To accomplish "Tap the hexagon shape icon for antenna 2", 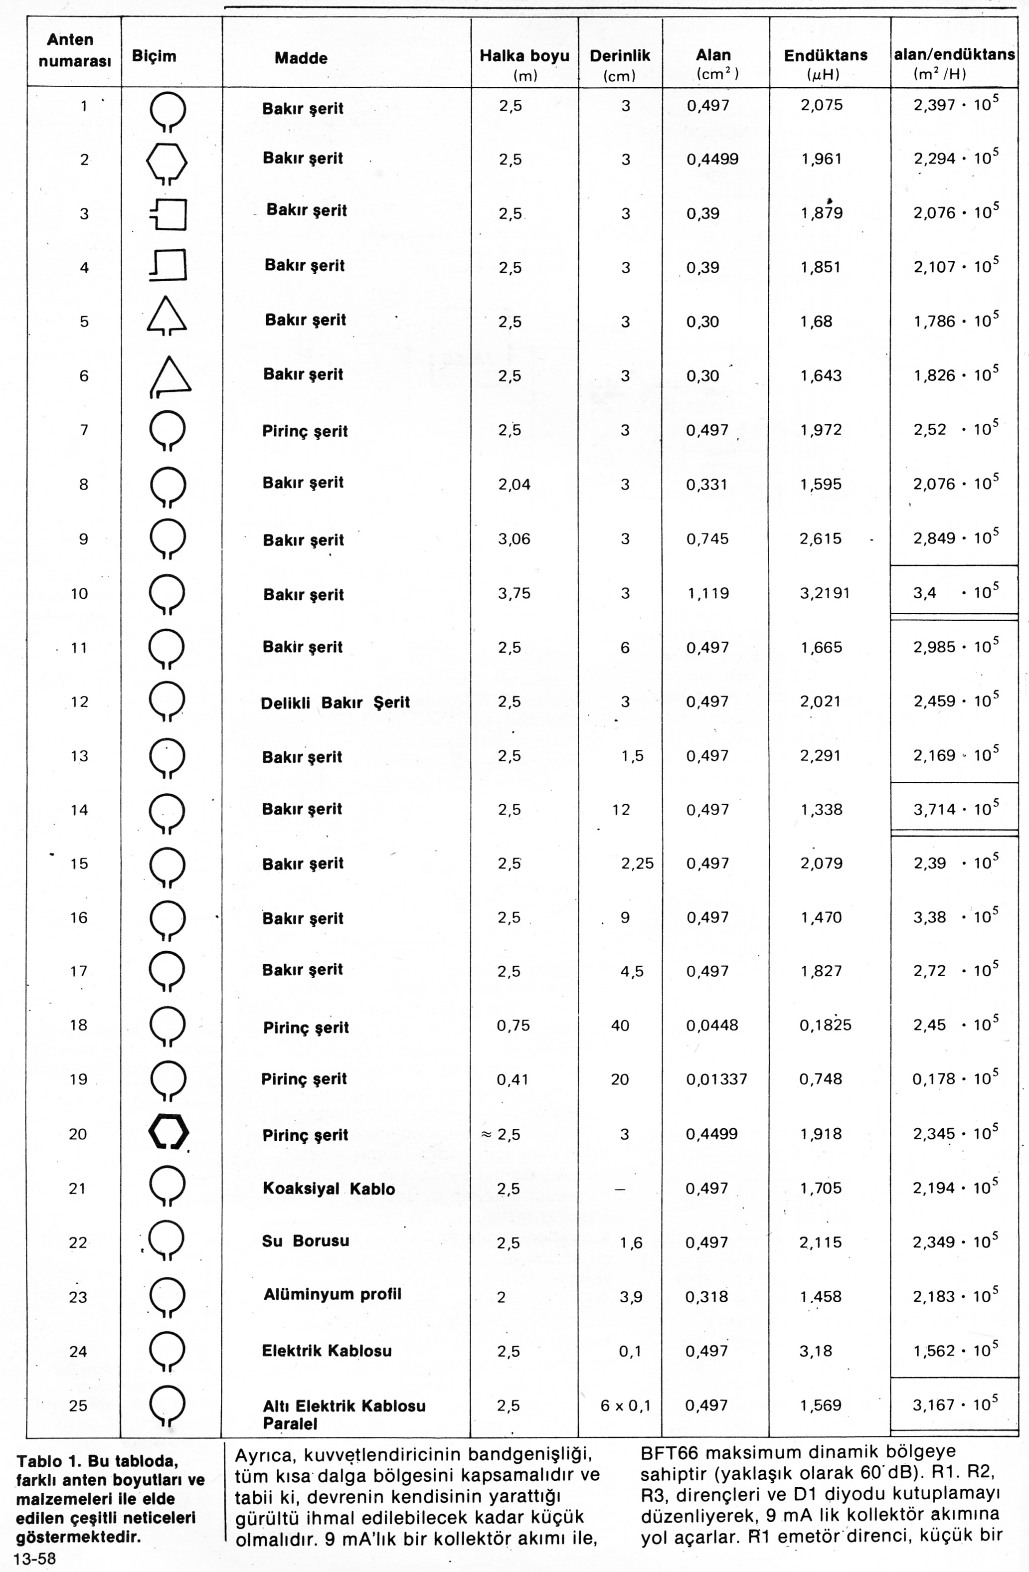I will (167, 162).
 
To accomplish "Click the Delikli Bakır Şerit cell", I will (335, 702).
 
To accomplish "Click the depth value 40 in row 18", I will (620, 1025).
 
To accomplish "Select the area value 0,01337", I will (716, 1079).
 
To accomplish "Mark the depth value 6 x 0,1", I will (625, 1405).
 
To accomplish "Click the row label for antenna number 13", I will (79, 756).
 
